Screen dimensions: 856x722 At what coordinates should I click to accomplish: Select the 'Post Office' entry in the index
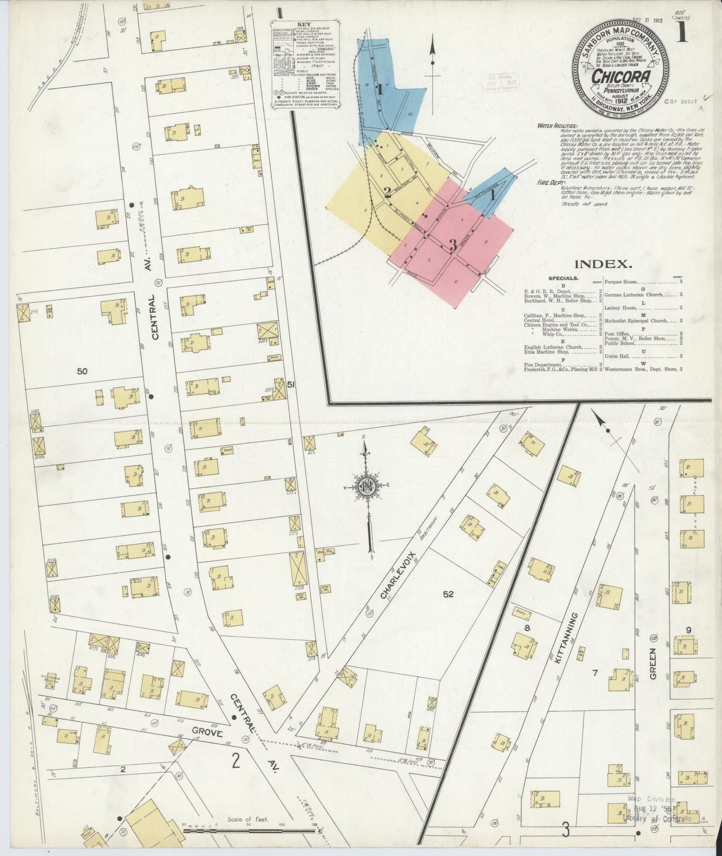coord(615,334)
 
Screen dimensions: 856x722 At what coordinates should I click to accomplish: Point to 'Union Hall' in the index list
coord(616,356)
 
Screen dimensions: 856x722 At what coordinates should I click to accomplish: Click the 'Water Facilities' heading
coord(557,126)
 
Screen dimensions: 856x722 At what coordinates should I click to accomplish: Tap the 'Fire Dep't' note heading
coord(550,183)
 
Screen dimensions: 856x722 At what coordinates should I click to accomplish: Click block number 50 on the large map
coord(82,371)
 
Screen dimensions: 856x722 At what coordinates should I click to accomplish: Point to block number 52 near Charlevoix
coord(448,594)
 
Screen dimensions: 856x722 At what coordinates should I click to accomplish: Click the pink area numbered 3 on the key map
coord(453,245)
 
